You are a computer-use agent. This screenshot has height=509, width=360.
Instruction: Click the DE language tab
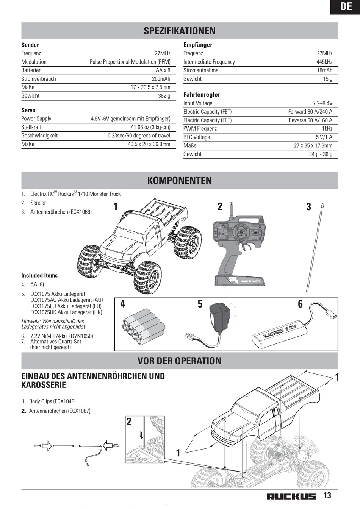click(x=346, y=6)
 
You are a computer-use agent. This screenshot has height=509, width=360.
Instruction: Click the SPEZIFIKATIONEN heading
click(x=180, y=31)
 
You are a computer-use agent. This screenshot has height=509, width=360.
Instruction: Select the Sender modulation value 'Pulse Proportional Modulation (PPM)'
click(x=130, y=62)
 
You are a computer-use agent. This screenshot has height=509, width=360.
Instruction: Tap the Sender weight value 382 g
click(x=164, y=96)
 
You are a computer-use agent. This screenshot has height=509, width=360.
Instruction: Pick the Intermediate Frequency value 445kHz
click(x=324, y=62)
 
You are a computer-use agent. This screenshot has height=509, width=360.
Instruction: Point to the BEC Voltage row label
click(x=197, y=137)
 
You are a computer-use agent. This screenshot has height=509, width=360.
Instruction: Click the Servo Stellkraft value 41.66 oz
click(x=150, y=127)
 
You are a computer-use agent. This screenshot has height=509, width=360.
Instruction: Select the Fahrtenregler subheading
click(x=202, y=95)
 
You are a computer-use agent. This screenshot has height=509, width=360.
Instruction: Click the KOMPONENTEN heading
click(x=180, y=180)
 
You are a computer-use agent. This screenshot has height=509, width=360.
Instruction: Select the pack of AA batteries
click(x=143, y=325)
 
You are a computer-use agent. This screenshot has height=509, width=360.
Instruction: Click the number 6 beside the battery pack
click(x=300, y=304)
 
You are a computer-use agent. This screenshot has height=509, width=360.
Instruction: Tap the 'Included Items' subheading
click(x=39, y=275)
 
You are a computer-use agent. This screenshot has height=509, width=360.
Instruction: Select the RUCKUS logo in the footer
click(x=291, y=497)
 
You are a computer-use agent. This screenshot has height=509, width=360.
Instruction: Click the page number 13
click(x=327, y=495)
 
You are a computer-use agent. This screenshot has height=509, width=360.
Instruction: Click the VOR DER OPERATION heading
click(x=180, y=361)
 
